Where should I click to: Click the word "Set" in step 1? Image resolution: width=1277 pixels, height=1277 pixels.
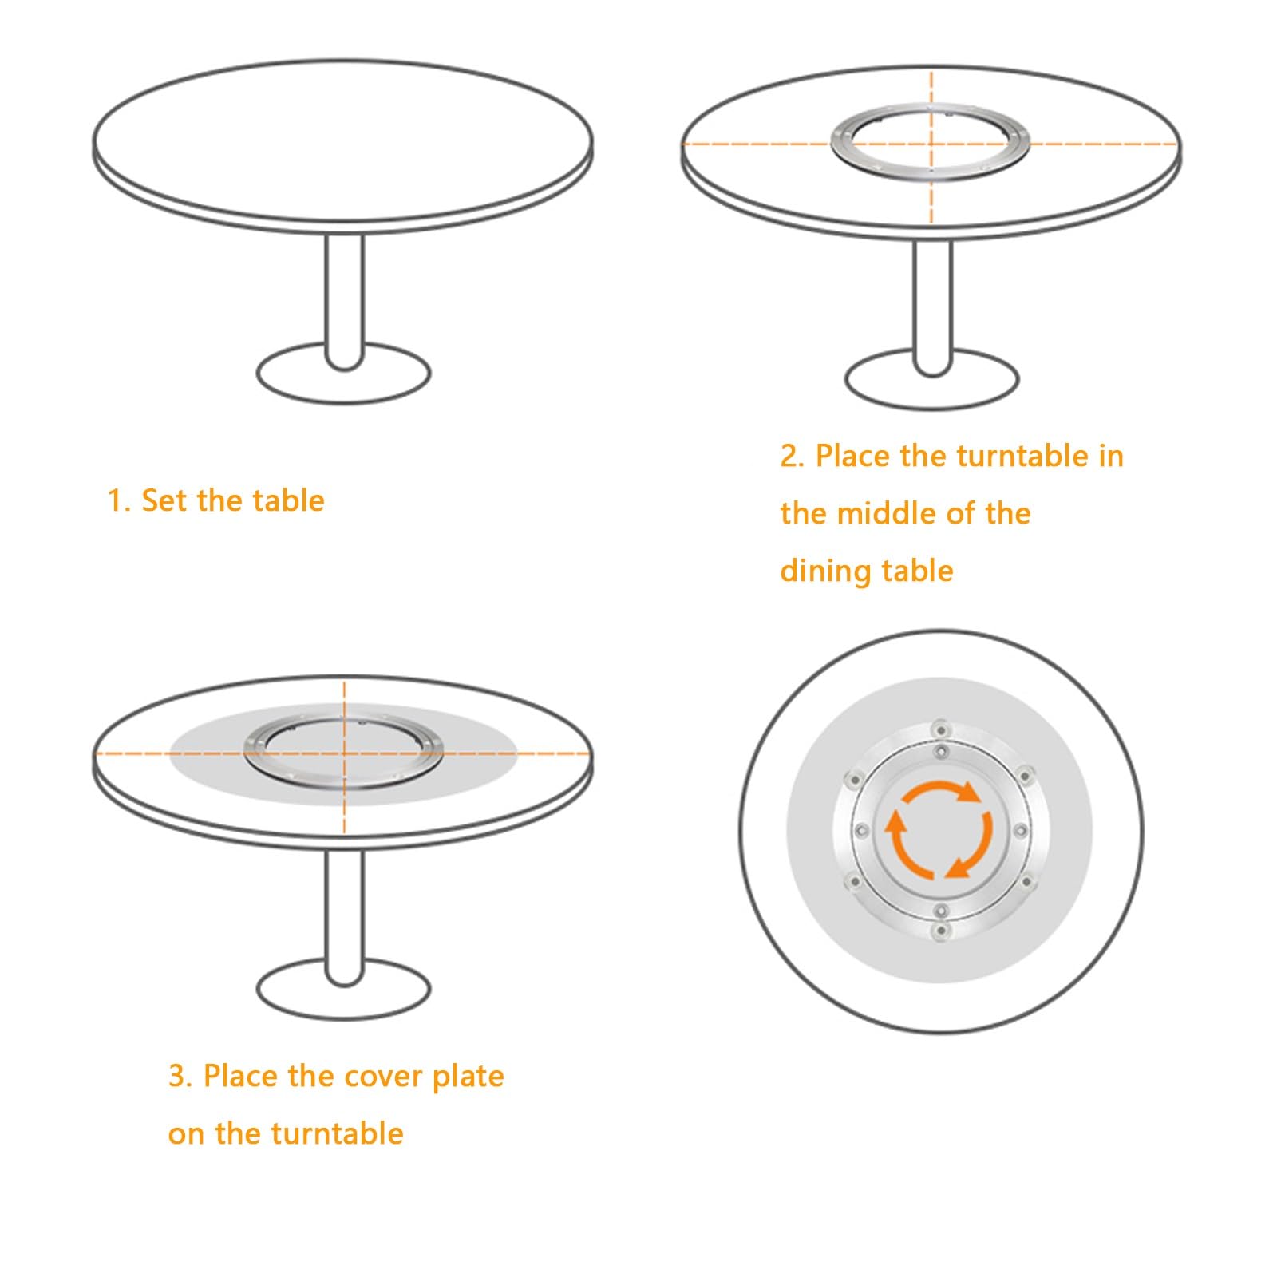(x=166, y=500)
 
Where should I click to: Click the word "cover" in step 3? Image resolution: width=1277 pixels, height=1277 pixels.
(x=384, y=1077)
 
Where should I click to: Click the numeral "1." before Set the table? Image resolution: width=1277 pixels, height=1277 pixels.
(x=119, y=501)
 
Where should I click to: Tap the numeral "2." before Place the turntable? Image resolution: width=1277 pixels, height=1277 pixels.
(x=793, y=457)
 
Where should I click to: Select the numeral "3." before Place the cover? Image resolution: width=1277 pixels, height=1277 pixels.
(x=181, y=1077)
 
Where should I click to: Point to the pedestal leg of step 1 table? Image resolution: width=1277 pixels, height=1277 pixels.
(x=344, y=299)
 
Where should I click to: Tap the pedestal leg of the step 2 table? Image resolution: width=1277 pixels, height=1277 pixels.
(x=932, y=307)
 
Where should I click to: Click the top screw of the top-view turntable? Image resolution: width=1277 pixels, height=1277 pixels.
(x=939, y=729)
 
